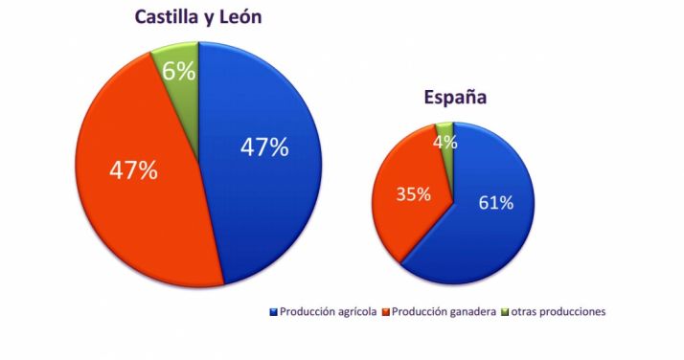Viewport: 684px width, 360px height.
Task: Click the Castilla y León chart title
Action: click(197, 18)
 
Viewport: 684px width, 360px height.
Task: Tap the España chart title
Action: click(455, 97)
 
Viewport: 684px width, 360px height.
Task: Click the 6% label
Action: click(180, 72)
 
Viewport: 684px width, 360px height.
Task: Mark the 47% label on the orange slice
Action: click(132, 170)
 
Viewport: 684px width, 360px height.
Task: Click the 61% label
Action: click(494, 202)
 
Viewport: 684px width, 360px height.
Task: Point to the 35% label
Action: click(413, 193)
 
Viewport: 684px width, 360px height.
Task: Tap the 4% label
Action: click(445, 142)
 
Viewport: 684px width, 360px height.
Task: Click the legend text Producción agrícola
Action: click(329, 311)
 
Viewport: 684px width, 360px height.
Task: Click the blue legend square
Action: click(275, 312)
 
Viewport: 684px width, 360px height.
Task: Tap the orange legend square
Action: click(385, 312)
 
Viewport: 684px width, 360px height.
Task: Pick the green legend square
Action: click(504, 312)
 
